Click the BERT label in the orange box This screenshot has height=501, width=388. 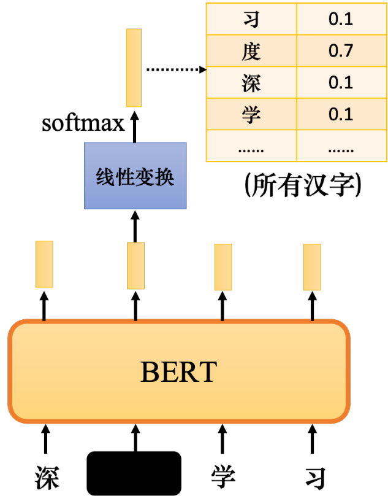point(178,371)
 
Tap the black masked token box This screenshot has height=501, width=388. point(135,473)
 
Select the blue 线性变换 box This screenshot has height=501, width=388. point(135,176)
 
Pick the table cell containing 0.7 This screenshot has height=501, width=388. point(340,50)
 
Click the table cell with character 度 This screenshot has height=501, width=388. point(251,50)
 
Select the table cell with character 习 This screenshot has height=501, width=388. point(251,18)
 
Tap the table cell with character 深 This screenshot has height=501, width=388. point(251,82)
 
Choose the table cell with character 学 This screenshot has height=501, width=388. point(251,114)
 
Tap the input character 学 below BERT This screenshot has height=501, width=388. point(223,476)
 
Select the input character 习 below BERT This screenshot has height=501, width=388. point(313,478)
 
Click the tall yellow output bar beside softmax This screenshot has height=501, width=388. point(134,68)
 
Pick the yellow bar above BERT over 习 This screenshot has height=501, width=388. point(312,267)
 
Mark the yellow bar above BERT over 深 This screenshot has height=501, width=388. point(44,264)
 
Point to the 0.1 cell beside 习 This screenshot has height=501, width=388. point(340,18)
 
